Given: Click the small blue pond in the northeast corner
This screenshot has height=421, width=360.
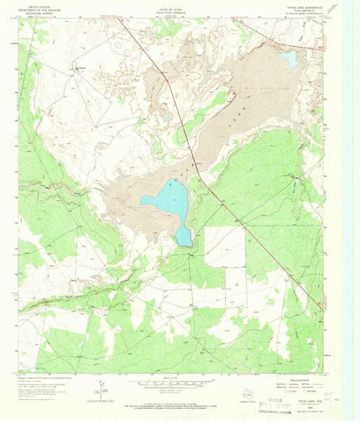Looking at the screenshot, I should (x=290, y=61).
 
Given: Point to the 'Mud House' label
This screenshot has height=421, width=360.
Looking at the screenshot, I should (x=80, y=67).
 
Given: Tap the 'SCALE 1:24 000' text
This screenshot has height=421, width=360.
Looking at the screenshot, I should (x=174, y=378).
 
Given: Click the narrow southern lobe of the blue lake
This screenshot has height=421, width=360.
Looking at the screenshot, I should (x=184, y=234).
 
